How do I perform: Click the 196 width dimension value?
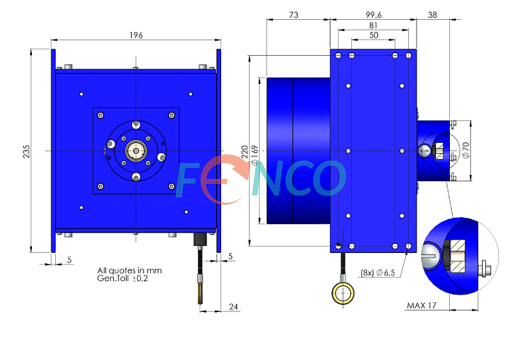136,35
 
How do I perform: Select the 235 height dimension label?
26,151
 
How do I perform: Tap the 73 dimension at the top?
294,15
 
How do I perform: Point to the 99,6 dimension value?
374,15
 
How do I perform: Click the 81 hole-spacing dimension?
373,26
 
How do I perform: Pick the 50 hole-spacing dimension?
374,35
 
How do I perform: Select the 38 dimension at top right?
432,15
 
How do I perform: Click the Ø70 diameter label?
466,151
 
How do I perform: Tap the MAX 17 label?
421,306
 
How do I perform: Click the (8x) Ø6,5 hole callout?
378,273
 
